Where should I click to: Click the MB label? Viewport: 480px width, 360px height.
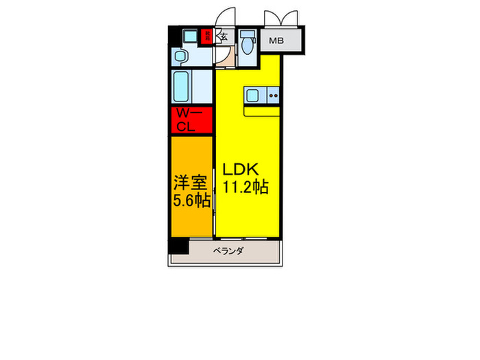(x=276, y=41)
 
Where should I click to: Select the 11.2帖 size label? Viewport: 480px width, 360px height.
(x=244, y=187)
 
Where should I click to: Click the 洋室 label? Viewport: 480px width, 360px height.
(x=190, y=183)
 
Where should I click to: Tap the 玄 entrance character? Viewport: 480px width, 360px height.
(x=224, y=38)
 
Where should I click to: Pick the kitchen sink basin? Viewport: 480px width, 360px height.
(x=252, y=95)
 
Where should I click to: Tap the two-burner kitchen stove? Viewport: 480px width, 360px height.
(x=273, y=95)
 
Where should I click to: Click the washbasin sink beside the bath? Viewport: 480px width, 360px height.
(x=181, y=56)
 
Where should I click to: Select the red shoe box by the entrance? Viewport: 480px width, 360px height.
(x=206, y=36)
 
